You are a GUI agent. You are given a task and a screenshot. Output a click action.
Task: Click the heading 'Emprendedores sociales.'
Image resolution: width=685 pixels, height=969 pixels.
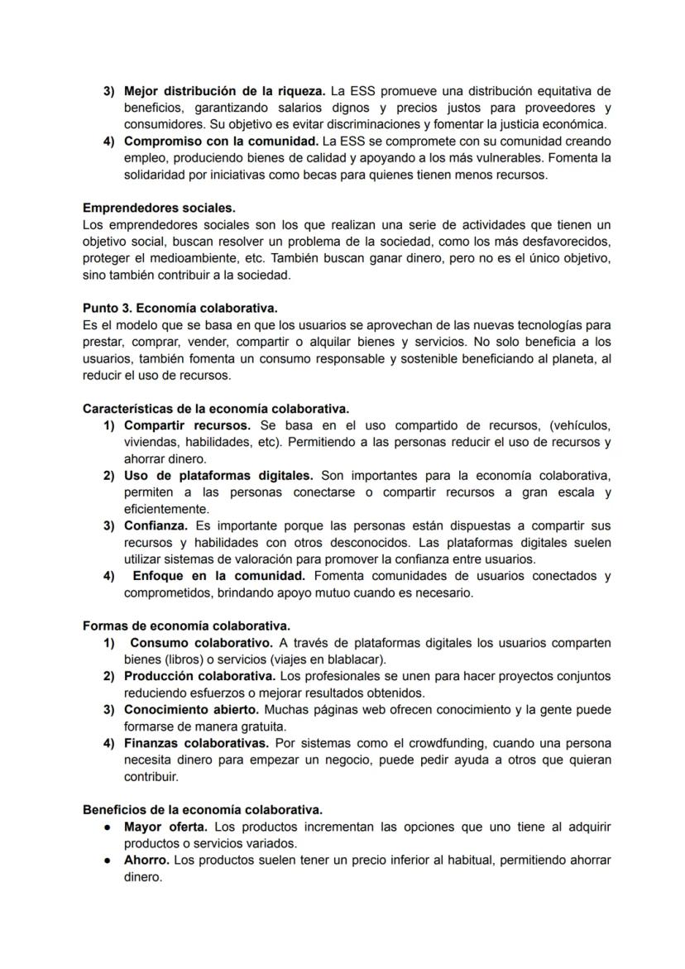[x=159, y=209]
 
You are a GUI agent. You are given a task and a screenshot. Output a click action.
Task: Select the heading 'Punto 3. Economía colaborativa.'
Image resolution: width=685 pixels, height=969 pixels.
[x=180, y=309]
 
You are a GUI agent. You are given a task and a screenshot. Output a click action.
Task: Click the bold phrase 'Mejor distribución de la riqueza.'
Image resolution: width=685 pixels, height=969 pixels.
[x=225, y=91]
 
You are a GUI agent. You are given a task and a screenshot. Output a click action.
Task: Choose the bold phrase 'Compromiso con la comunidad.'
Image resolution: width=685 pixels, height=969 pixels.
[x=221, y=142]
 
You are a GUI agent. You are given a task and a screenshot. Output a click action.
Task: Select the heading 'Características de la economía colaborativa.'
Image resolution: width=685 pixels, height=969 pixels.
[x=216, y=409]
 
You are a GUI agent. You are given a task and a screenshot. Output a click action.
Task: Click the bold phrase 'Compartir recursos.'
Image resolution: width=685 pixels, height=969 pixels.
[x=186, y=425]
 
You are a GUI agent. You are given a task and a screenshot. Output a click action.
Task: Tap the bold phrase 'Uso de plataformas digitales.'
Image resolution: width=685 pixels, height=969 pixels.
[x=218, y=476]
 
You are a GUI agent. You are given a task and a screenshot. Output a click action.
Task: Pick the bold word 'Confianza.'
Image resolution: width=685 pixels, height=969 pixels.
[x=156, y=526]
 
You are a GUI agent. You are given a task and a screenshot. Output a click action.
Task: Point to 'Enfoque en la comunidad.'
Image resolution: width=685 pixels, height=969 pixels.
[x=219, y=576]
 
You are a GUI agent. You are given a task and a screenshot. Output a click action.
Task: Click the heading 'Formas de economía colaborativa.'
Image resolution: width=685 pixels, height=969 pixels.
[x=186, y=626]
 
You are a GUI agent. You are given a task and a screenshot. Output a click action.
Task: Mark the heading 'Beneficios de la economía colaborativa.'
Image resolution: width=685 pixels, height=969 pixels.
[x=203, y=810]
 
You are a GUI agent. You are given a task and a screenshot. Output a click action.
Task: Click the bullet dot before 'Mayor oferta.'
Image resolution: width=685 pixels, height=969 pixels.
[x=108, y=827]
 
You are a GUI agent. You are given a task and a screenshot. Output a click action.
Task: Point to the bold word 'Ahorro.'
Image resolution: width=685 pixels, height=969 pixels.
[x=146, y=861]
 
